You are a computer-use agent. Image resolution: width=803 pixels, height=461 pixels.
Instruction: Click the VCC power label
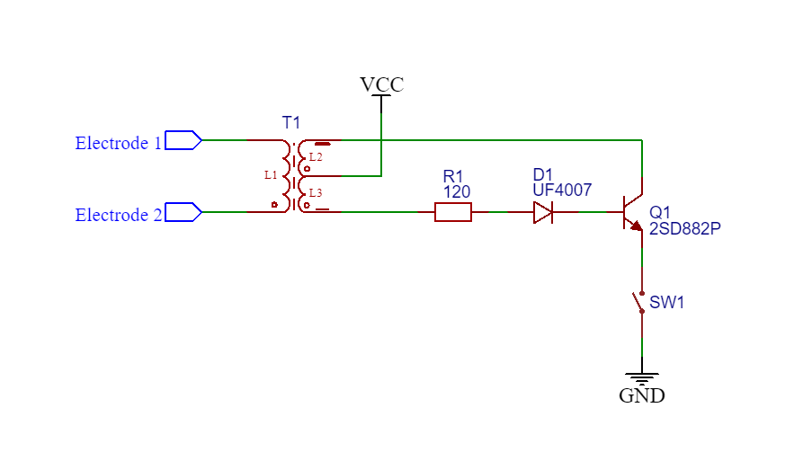click(x=382, y=84)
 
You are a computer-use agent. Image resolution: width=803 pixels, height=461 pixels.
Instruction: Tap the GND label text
click(x=642, y=395)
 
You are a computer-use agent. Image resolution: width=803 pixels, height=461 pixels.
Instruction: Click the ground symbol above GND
click(x=642, y=378)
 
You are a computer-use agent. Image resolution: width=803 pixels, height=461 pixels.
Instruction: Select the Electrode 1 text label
click(x=119, y=143)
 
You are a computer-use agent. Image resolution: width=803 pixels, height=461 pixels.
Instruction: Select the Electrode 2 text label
click(x=119, y=215)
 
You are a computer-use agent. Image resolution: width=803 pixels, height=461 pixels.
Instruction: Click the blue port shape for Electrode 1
click(x=183, y=140)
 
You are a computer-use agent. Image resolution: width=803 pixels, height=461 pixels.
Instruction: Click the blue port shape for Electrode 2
click(x=183, y=212)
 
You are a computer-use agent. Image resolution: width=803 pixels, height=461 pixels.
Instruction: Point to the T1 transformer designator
click(x=290, y=123)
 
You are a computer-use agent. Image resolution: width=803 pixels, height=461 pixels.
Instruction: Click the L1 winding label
click(x=271, y=175)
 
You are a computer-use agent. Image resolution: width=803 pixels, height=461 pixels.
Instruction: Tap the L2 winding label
click(x=316, y=157)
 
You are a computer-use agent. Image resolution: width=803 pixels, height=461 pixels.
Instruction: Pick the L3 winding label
click(x=316, y=193)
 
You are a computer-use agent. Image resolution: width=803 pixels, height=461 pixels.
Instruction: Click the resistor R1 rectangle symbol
click(x=453, y=212)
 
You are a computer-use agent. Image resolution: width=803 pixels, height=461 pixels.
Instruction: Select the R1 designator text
click(x=452, y=176)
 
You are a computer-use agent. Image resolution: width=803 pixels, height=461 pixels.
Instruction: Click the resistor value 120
click(x=457, y=192)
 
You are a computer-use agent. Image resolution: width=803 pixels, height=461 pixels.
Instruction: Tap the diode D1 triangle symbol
click(x=543, y=212)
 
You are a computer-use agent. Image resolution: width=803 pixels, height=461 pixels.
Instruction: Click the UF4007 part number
click(x=562, y=191)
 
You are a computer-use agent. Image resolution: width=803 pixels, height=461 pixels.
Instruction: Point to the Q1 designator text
click(x=660, y=212)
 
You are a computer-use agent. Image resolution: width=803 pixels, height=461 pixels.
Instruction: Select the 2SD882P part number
click(x=685, y=229)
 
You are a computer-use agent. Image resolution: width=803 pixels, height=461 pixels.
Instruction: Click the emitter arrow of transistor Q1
click(x=636, y=226)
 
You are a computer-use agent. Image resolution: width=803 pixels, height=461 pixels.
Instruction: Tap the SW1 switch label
click(x=667, y=302)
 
